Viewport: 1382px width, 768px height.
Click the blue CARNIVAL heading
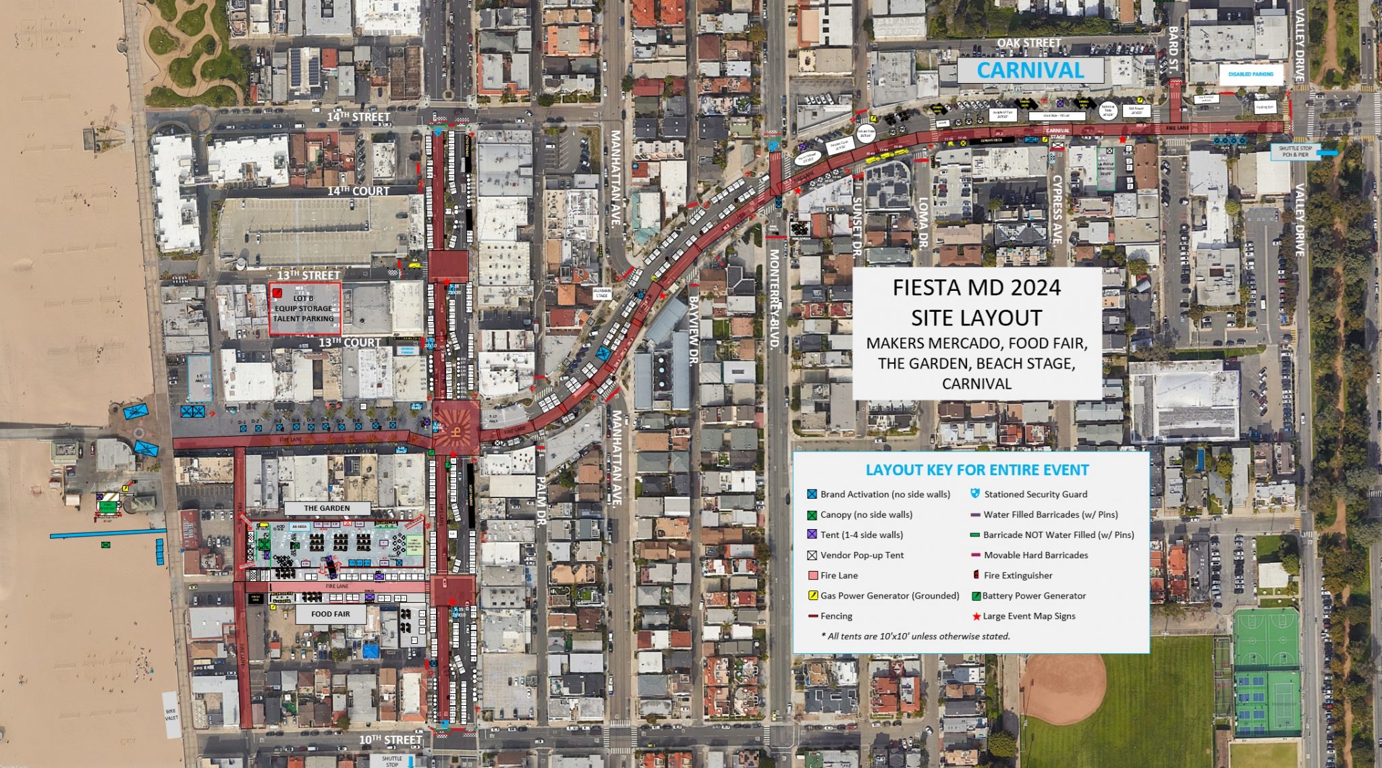(x=1030, y=70)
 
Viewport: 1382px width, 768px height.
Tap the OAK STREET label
(x=1028, y=43)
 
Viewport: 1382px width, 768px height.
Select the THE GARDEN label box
(x=327, y=508)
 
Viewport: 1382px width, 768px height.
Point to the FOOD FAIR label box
(x=331, y=614)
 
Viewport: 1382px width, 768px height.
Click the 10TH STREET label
(x=390, y=740)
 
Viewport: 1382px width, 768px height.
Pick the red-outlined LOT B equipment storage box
(x=304, y=308)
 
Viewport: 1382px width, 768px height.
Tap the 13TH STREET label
(x=308, y=275)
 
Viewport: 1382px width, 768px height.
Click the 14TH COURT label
(x=358, y=191)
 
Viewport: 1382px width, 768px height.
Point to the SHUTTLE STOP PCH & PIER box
(x=1295, y=152)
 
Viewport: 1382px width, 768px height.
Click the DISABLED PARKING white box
(x=1250, y=74)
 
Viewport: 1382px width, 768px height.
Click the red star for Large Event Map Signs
(x=976, y=616)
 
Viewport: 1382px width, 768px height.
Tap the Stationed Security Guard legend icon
(x=974, y=494)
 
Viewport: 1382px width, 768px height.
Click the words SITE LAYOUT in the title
(x=976, y=318)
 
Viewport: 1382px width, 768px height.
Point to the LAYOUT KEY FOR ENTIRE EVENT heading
(x=976, y=470)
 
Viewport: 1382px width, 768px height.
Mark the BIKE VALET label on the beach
(x=171, y=715)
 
